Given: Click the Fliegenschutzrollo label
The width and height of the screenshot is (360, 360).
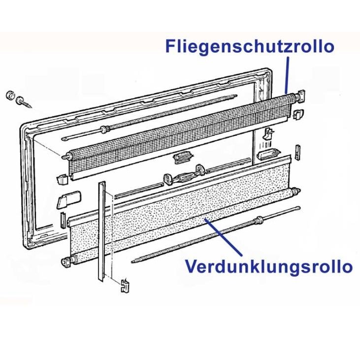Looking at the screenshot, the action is click(x=250, y=47).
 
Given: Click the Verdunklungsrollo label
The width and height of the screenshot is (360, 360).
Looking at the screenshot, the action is click(x=269, y=266).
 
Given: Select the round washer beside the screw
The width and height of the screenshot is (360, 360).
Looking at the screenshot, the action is click(x=10, y=95).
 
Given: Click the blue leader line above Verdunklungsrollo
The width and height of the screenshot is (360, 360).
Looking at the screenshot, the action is click(x=223, y=237).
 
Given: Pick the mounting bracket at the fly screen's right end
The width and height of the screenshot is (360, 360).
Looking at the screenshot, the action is click(x=301, y=96).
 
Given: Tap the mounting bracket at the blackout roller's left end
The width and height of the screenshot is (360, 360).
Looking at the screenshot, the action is click(x=67, y=262).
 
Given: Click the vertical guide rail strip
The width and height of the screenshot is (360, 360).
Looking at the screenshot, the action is click(x=101, y=231).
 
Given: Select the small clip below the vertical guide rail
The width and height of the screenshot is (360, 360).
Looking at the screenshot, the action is click(x=125, y=285).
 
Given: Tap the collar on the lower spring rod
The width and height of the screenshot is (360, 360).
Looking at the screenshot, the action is click(x=259, y=220).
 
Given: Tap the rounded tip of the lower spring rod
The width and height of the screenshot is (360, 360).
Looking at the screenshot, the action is click(x=298, y=208).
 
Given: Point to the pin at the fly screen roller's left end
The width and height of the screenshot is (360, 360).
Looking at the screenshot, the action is click(x=65, y=156).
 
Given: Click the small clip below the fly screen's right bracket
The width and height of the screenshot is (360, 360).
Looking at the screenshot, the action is click(x=298, y=114).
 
